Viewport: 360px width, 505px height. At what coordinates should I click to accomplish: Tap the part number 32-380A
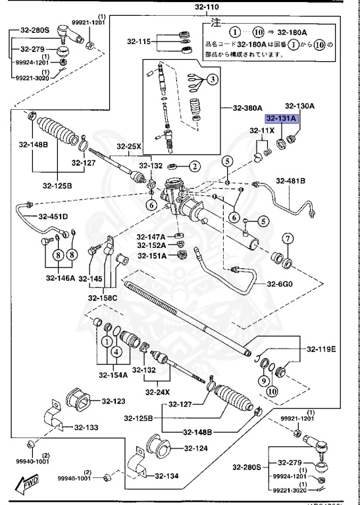point(246,108)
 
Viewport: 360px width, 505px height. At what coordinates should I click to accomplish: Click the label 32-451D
point(53,216)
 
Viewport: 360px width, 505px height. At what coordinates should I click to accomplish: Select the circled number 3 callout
point(213,80)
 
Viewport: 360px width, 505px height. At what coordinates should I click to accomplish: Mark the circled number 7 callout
point(288,238)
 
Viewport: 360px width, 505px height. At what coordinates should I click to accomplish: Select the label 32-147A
point(151,237)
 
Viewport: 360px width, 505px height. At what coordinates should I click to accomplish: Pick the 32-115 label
point(140,41)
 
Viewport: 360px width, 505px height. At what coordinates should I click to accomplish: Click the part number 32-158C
point(104,298)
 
